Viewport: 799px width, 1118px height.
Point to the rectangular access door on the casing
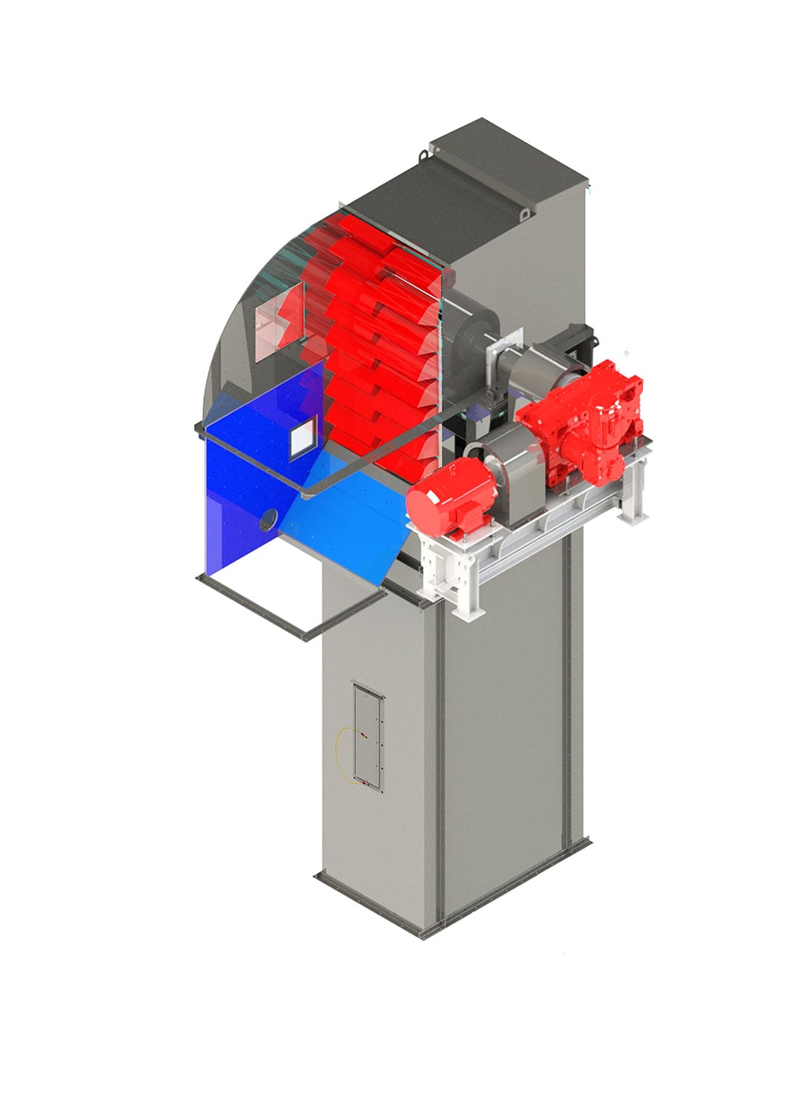point(368,734)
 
